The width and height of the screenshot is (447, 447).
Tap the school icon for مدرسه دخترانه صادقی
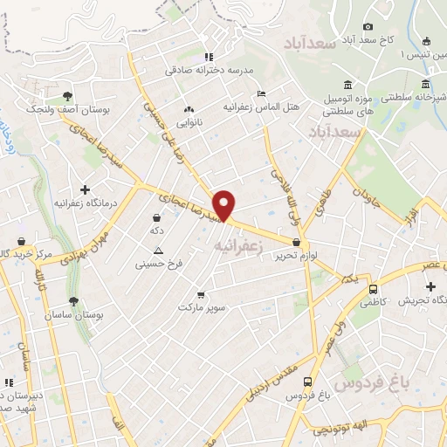tap(207, 57)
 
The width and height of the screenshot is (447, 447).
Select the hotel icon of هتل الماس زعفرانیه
tap(261, 94)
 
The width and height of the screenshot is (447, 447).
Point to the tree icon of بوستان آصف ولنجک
tap(68, 95)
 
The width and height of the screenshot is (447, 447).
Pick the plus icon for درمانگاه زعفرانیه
tap(85, 189)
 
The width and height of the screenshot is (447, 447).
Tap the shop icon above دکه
tap(156, 218)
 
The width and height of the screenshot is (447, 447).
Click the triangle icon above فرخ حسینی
tap(158, 250)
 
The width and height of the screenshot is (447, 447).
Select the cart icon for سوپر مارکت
tap(202, 295)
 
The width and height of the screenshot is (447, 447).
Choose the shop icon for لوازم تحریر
tap(297, 243)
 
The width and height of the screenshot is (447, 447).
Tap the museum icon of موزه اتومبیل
tap(348, 85)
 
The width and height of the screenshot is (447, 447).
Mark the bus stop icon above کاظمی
tap(374, 289)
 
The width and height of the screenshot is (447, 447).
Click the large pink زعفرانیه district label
tap(237, 247)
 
